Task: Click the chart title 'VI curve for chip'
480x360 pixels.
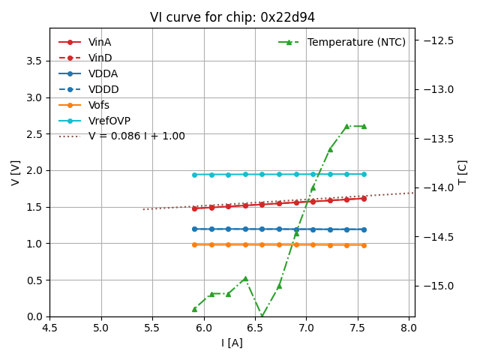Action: click(x=232, y=17)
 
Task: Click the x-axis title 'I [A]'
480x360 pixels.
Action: click(x=232, y=343)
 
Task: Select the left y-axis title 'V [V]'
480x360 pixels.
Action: click(x=15, y=172)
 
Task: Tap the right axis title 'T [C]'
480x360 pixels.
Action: click(x=463, y=172)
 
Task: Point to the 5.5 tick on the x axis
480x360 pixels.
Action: click(x=152, y=328)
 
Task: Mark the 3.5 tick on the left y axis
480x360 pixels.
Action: click(x=34, y=61)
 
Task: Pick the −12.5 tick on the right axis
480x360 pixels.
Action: click(x=436, y=40)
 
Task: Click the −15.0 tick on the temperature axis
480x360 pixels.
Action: click(x=436, y=286)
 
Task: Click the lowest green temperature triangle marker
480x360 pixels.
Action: click(x=262, y=316)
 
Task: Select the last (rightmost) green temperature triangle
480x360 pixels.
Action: click(x=364, y=126)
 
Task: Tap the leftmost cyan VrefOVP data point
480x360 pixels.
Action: click(x=194, y=175)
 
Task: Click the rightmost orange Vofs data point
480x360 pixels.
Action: click(x=364, y=245)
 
